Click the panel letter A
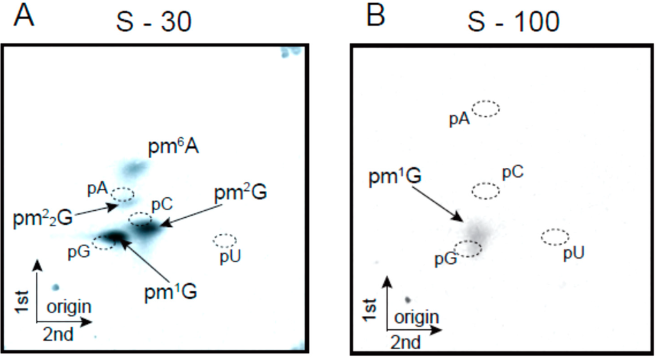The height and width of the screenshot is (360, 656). pyautogui.click(x=24, y=15)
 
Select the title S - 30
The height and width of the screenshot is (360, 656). pyautogui.click(x=154, y=23)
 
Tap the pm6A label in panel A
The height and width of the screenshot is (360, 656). pyautogui.click(x=173, y=149)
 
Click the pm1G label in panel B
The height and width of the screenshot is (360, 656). pyautogui.click(x=394, y=177)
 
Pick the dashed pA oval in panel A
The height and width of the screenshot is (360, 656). pyautogui.click(x=122, y=194)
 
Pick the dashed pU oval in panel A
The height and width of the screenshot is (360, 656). pyautogui.click(x=224, y=241)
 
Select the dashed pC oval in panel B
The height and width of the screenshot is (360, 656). pyautogui.click(x=486, y=190)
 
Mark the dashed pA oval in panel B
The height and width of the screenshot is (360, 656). pyautogui.click(x=486, y=108)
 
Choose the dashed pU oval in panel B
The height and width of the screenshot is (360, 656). pyautogui.click(x=555, y=237)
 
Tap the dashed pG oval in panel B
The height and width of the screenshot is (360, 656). pyautogui.click(x=468, y=249)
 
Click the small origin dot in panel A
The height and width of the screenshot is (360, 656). pyautogui.click(x=56, y=288)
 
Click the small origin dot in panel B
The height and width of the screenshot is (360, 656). pyautogui.click(x=407, y=299)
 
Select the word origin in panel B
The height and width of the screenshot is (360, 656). pyautogui.click(x=416, y=317)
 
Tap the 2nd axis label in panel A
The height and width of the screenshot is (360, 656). pyautogui.click(x=58, y=333)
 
